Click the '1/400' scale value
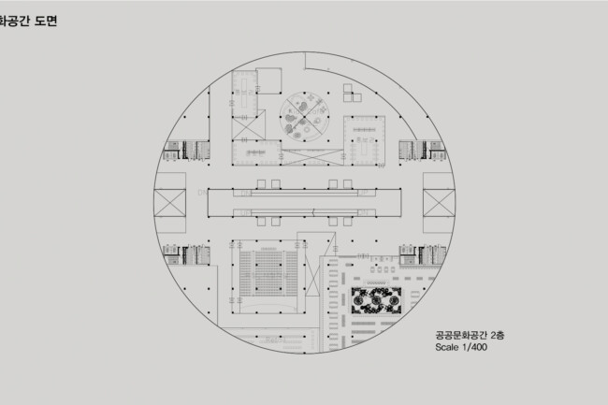474,347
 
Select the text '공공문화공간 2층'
470,335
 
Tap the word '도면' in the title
46,21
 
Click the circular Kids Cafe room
304,117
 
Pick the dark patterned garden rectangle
377,300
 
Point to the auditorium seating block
268,273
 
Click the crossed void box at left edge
170,203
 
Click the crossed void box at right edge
439,203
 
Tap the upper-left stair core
186,151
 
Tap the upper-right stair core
422,151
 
